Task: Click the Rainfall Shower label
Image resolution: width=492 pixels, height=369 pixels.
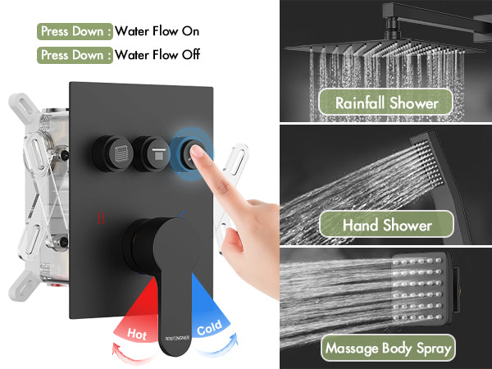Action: [385, 102]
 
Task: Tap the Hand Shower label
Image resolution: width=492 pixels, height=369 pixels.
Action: [386, 225]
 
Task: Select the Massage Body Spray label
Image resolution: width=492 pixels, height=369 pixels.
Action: [388, 348]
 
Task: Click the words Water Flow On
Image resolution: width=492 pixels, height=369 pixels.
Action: [157, 31]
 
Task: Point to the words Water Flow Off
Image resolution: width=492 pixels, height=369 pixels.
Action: [157, 55]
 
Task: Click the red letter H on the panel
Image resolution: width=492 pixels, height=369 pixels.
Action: [101, 218]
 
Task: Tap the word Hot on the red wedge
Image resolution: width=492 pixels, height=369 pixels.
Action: [137, 334]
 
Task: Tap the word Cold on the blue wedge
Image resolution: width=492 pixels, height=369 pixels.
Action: [209, 328]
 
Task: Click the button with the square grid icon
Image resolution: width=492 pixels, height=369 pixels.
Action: [113, 154]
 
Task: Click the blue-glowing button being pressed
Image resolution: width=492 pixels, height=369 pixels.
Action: [190, 154]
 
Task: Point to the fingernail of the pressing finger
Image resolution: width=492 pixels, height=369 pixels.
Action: [198, 151]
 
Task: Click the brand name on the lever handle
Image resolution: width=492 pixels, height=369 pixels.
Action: [177, 338]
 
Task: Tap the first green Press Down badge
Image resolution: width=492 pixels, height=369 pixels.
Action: [75, 31]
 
